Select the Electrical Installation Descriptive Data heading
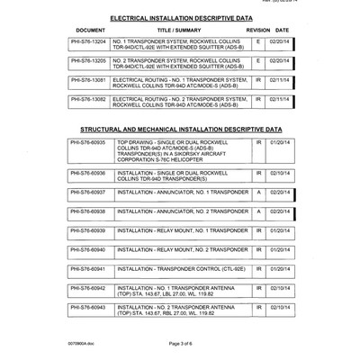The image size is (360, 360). click(x=179, y=17)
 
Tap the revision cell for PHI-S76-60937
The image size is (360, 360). click(x=258, y=192)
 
